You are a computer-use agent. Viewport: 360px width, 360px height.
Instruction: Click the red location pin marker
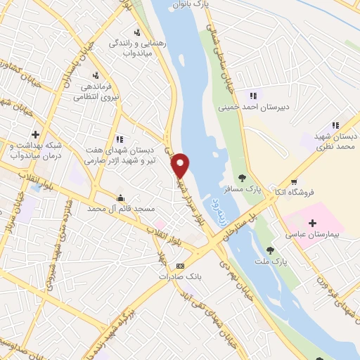(181, 165)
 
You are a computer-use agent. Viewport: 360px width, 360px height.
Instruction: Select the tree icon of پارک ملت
(269, 249)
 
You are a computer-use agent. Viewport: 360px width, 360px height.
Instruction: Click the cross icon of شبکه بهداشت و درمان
(35, 134)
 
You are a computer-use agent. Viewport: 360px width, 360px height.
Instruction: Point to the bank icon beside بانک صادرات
(180, 266)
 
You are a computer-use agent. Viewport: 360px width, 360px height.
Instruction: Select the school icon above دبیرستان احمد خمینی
(252, 96)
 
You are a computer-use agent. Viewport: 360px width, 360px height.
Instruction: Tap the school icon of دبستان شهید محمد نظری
(335, 126)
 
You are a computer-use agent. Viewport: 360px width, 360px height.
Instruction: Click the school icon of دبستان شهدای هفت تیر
(120, 139)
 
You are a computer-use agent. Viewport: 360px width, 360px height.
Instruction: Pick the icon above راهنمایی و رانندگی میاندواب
(136, 32)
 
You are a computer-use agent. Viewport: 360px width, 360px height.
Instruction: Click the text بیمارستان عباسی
(312, 235)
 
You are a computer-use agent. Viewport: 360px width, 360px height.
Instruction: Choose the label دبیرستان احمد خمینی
(253, 108)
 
